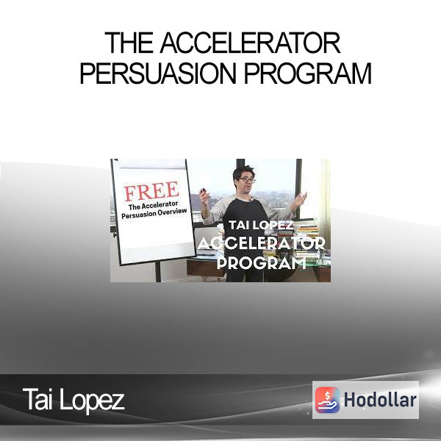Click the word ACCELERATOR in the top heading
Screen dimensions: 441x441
coord(251,43)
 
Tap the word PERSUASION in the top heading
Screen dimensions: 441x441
coord(158,73)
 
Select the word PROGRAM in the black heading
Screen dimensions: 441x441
coord(308,73)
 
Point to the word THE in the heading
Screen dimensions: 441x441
coord(129,43)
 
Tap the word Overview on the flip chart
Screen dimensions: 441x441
coord(172,212)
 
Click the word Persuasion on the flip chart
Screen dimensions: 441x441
coord(138,215)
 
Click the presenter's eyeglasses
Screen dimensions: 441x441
coord(247,180)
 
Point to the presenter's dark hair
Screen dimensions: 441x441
coord(243,171)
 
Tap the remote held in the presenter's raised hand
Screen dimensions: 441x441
coord(203,192)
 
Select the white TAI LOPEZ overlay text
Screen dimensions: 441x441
coord(261,225)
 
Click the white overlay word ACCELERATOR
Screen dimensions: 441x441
coord(262,243)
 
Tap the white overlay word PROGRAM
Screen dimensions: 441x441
coord(262,264)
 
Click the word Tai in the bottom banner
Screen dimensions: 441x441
coord(37,399)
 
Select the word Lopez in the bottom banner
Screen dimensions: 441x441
coord(92,401)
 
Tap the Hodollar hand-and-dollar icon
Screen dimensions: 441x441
coord(327,400)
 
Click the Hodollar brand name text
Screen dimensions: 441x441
coord(380,400)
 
